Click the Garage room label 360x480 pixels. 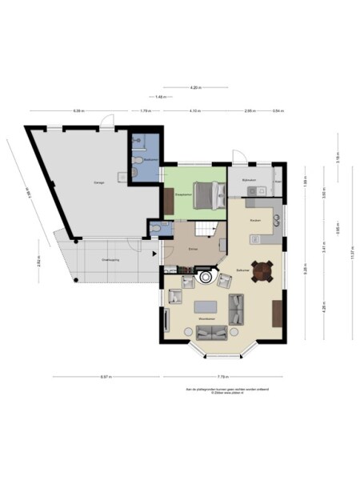[99, 183]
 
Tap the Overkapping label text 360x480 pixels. [110, 260]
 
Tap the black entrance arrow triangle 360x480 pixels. [154, 254]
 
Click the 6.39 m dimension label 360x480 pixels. [78, 111]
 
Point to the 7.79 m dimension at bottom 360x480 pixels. [223, 376]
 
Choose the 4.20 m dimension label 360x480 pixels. [194, 86]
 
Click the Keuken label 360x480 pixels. [255, 219]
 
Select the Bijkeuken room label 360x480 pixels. [249, 181]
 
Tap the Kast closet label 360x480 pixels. [278, 181]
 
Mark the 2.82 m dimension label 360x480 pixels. [38, 263]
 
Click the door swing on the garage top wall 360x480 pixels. [106, 122]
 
